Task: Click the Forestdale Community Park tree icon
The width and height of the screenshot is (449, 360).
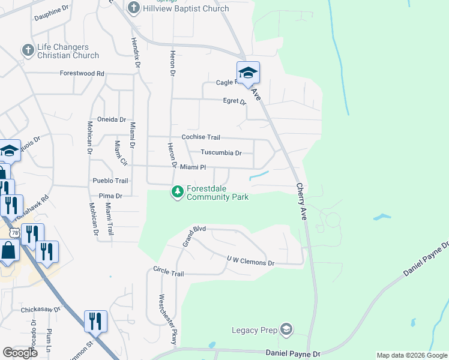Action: click(x=177, y=192)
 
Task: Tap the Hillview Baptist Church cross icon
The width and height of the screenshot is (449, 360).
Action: click(x=133, y=8)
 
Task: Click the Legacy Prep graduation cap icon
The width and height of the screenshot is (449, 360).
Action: click(x=286, y=329)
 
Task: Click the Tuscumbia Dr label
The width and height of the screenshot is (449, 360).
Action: click(x=221, y=153)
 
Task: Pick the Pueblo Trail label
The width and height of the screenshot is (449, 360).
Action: click(x=110, y=181)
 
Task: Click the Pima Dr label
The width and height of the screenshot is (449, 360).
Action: click(x=110, y=196)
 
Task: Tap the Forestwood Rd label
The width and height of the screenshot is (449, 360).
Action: click(x=82, y=73)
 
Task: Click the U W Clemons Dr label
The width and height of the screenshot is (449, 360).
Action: click(x=250, y=261)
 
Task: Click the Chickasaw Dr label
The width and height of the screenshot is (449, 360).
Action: click(x=41, y=310)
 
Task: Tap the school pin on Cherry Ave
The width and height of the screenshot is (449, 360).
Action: click(x=248, y=73)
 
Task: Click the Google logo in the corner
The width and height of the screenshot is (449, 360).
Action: click(x=20, y=353)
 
